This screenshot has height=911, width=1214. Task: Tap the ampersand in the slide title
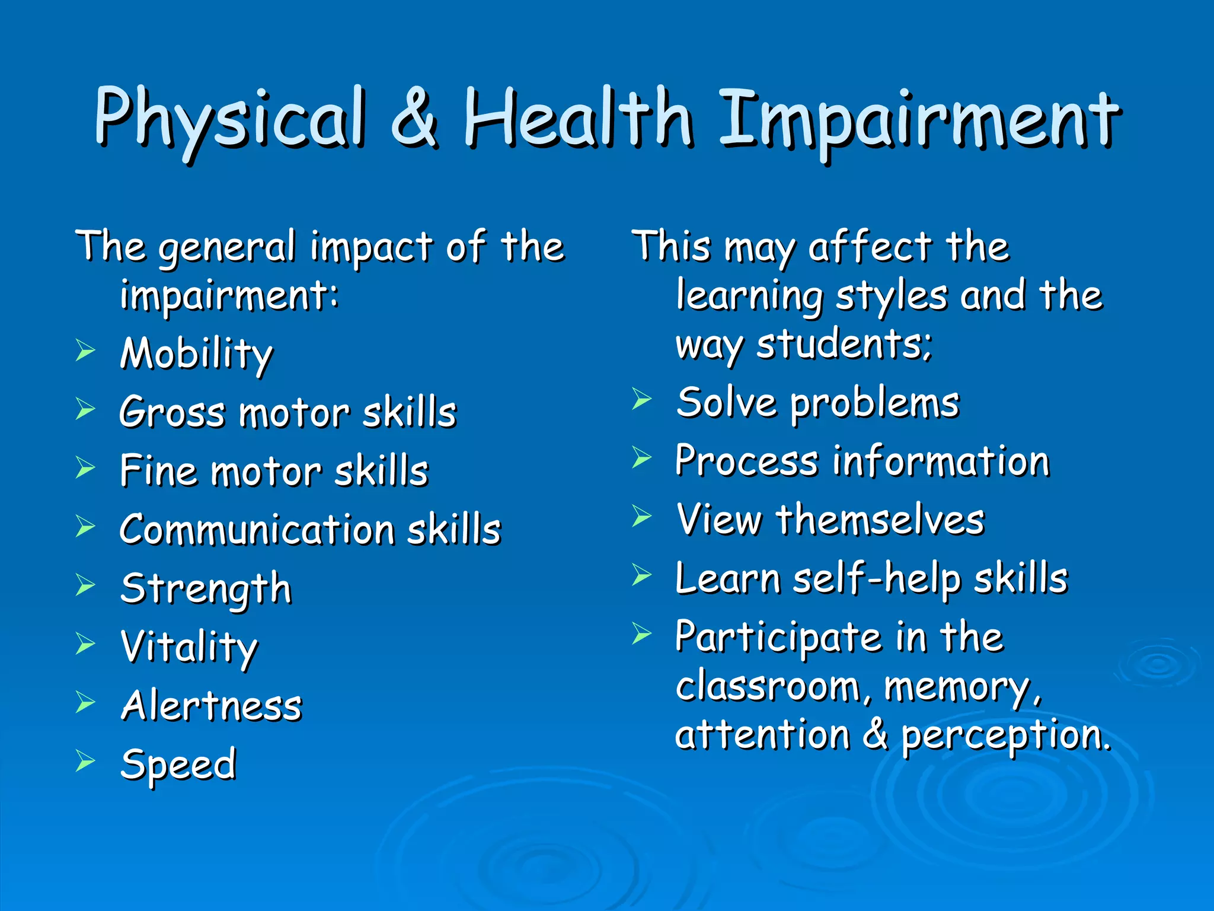[x=415, y=119]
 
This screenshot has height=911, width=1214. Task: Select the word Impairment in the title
[x=919, y=122]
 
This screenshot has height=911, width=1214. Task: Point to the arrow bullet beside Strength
[x=85, y=585]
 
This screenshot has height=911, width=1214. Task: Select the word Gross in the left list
[x=172, y=412]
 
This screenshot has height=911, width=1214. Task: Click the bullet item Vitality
[x=189, y=647]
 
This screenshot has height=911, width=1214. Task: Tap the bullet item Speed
[x=178, y=765]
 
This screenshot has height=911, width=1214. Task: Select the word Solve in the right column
[x=727, y=403]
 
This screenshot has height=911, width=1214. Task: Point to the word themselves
[x=881, y=520]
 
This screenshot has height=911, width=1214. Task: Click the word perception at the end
[x=1005, y=736]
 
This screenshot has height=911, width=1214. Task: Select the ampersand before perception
[x=876, y=734]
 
